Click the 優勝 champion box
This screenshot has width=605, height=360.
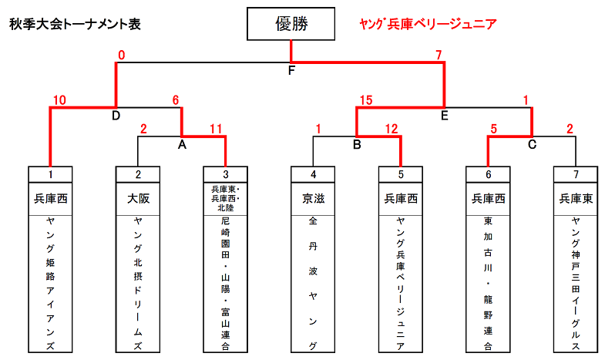point(291,24)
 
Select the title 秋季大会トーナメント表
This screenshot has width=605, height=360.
point(75,24)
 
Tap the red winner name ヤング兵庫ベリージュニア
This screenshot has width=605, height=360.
point(428,24)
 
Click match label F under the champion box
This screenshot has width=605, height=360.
point(291,70)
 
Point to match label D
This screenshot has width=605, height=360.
point(116,116)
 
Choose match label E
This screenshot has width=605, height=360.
point(445,116)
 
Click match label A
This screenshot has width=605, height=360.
point(182,145)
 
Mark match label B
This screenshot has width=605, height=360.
point(357,145)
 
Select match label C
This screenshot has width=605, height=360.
point(532,145)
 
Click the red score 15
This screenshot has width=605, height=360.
point(366,100)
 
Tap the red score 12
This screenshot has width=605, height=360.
point(392,129)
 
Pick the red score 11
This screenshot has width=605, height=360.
point(216,129)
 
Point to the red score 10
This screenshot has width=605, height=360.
point(59,100)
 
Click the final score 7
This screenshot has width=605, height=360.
point(439,56)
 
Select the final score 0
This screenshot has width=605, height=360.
point(122,56)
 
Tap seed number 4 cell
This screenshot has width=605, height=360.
point(313,174)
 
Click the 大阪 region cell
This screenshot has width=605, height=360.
point(138,199)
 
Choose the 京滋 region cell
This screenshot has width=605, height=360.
point(313,199)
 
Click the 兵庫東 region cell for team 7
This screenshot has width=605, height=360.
point(576,199)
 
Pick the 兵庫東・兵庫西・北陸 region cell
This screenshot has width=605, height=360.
point(225,199)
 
